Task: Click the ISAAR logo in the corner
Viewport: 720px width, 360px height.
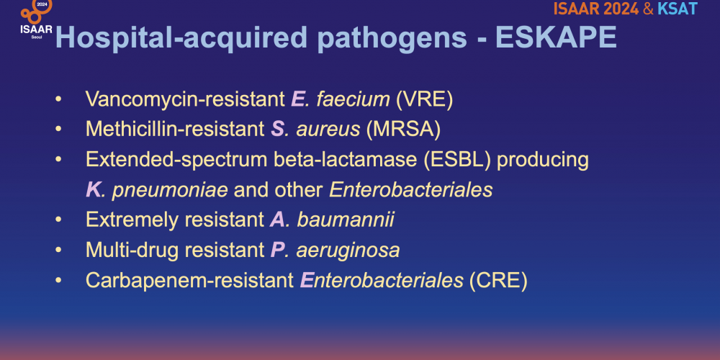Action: pyautogui.click(x=36, y=19)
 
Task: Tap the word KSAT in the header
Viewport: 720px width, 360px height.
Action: pyautogui.click(x=678, y=9)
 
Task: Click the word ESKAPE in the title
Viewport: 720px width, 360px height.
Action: pyautogui.click(x=556, y=37)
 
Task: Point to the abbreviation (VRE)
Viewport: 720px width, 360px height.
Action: pyautogui.click(x=424, y=99)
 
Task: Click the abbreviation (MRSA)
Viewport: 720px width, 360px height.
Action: pyautogui.click(x=403, y=130)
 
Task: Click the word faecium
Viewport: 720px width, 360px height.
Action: pyautogui.click(x=353, y=99)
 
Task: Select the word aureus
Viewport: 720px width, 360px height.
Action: pyautogui.click(x=328, y=130)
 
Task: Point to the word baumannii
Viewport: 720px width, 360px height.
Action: pyautogui.click(x=346, y=220)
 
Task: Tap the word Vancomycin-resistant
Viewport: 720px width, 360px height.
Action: pyautogui.click(x=186, y=99)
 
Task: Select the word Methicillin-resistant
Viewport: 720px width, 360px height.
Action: pyautogui.click(x=175, y=130)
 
